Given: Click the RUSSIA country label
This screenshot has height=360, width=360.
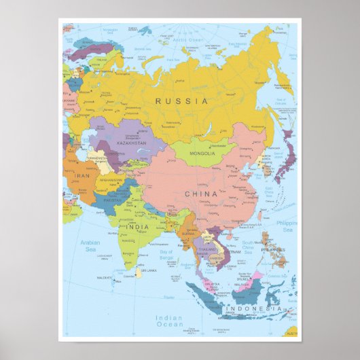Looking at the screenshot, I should pos(181,101).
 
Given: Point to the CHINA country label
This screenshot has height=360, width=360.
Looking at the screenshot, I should pos(201,194).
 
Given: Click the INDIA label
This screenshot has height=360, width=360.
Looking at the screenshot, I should pos(137,227).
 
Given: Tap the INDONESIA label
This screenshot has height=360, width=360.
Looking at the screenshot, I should pos(253,309).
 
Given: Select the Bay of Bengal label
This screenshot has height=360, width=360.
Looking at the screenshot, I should pos(166,255).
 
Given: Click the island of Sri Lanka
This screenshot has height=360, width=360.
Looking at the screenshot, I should pos(139,273).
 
